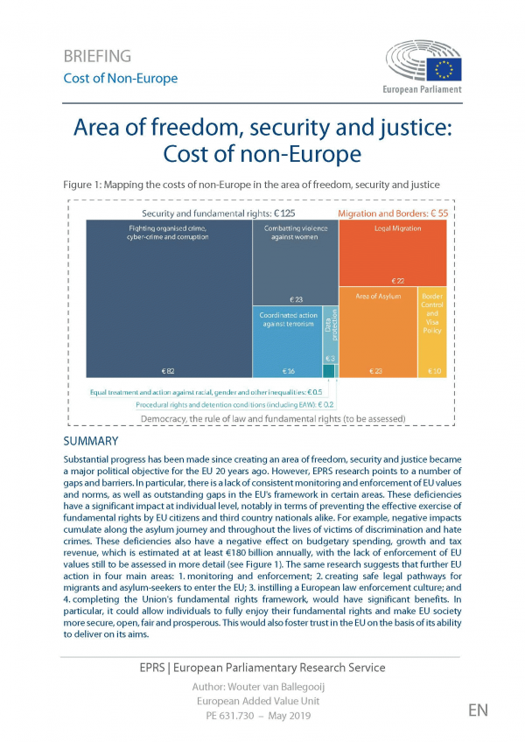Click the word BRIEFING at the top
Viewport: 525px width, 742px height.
[x=97, y=57]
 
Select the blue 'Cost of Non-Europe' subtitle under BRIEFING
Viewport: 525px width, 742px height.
[x=120, y=79]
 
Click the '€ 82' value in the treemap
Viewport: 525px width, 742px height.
[x=169, y=372]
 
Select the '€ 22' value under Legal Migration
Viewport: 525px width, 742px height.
[x=398, y=280]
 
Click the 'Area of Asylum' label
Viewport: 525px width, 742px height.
[x=378, y=297]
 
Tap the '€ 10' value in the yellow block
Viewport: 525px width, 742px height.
[x=433, y=372]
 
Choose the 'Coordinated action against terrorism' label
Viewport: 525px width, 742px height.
[x=288, y=319]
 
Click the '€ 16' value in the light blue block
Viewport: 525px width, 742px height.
[x=290, y=372]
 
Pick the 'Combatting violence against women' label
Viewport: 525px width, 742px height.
[x=295, y=232]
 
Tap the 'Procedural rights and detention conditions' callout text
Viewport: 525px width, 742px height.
[x=234, y=405]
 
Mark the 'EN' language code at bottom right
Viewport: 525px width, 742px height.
[x=478, y=710]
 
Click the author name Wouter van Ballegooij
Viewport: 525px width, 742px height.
[x=262, y=687]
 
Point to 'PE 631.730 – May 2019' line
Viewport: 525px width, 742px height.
[x=262, y=717]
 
